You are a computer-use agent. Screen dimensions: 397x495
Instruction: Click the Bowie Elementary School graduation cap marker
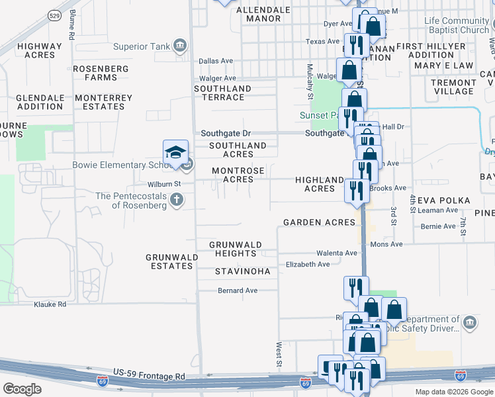tap(176, 152)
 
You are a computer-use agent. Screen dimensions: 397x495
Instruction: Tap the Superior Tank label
tap(142, 46)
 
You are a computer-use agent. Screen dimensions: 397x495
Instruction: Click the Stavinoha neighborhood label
tap(242, 271)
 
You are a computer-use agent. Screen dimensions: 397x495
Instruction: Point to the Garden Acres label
tap(319, 222)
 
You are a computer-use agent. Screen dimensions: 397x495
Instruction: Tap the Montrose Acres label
tap(238, 175)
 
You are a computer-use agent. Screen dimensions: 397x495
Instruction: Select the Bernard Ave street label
tap(238, 290)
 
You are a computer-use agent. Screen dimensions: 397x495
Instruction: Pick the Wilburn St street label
tap(164, 184)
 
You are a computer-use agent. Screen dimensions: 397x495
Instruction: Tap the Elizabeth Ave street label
tap(308, 265)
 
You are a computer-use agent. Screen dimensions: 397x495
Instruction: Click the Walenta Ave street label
tap(336, 253)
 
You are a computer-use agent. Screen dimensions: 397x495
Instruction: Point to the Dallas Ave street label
tap(216, 61)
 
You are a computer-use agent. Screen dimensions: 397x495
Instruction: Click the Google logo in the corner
tap(22, 389)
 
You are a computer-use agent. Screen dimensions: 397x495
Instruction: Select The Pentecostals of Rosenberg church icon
tap(177, 199)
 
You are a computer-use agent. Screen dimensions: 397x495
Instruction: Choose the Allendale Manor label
tap(263, 15)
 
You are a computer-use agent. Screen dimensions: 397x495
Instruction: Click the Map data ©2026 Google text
tap(453, 392)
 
